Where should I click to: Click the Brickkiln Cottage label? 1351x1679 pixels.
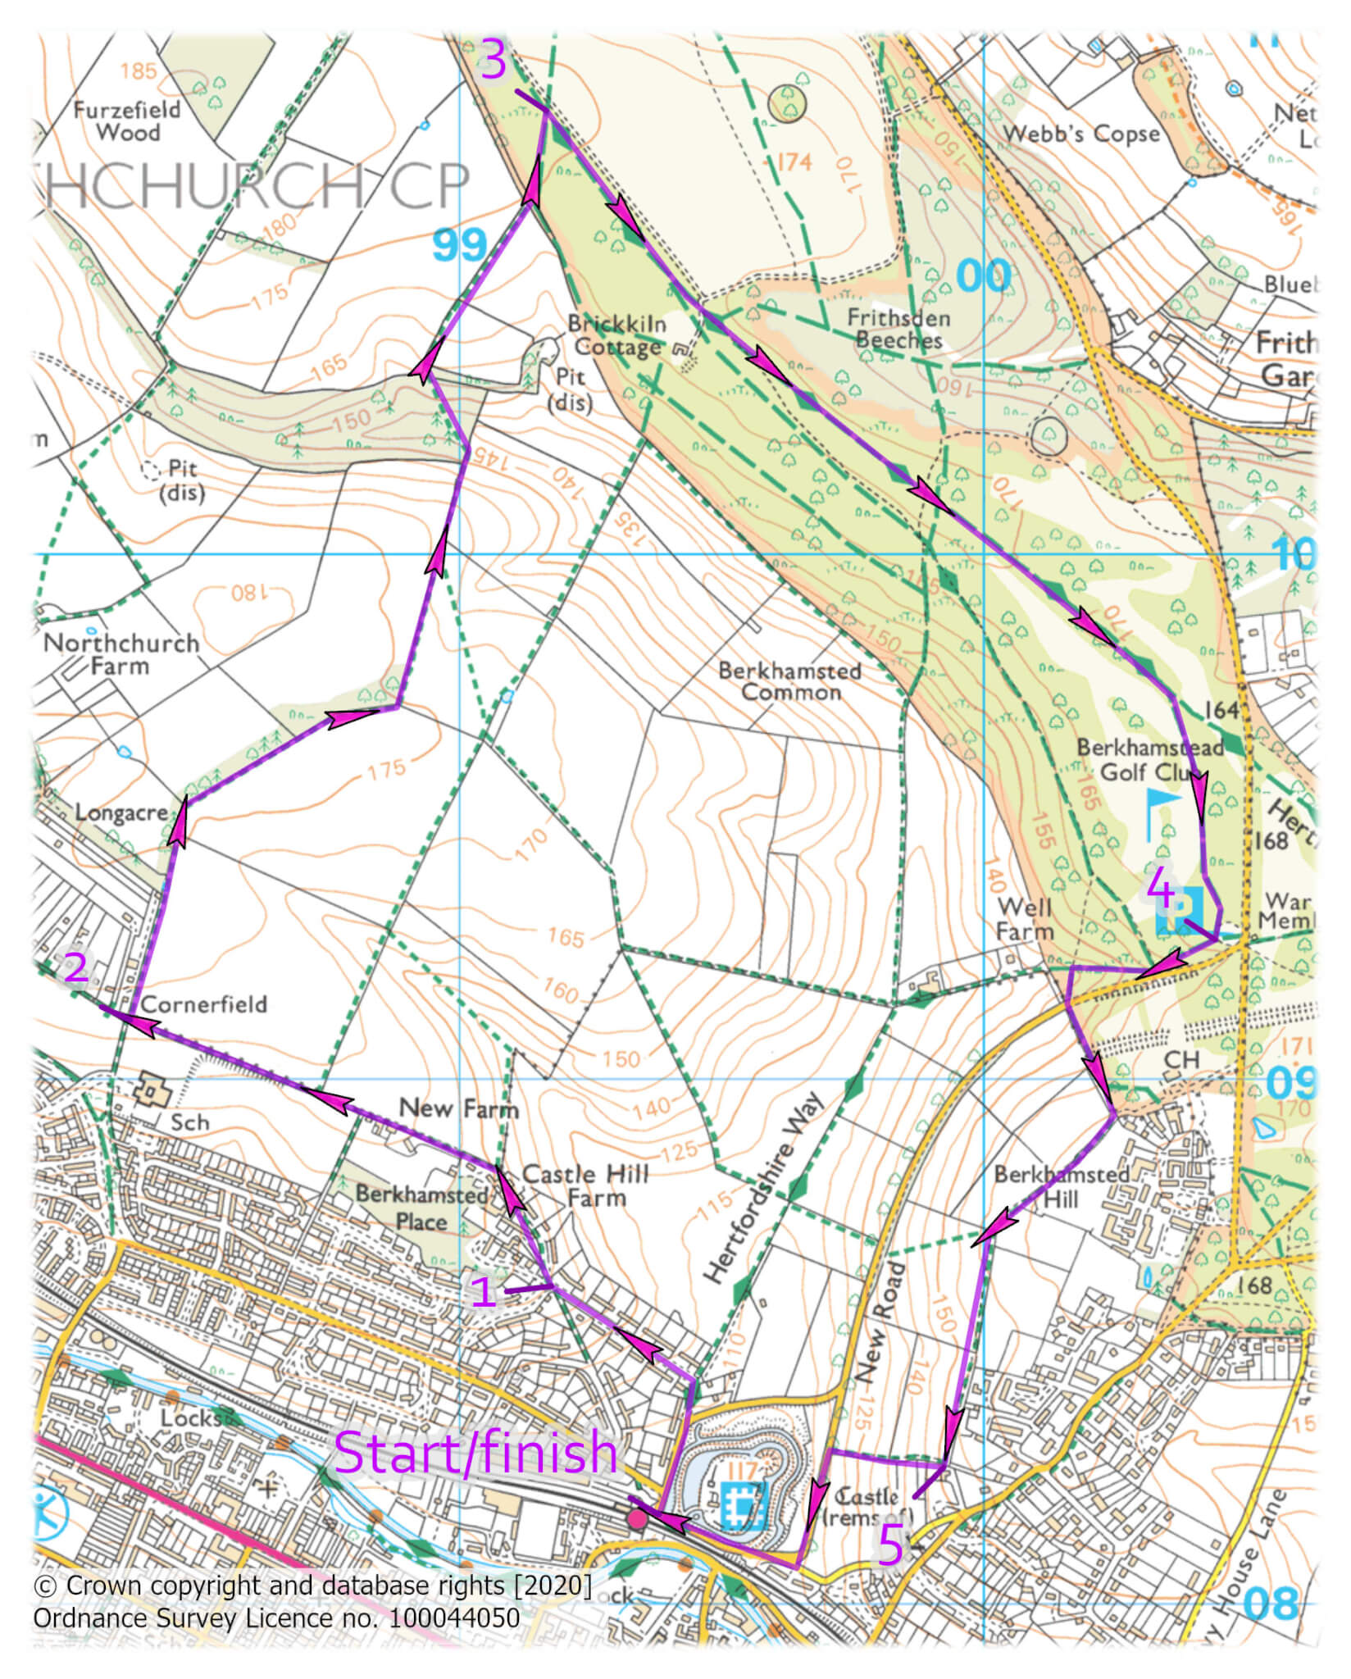(x=616, y=335)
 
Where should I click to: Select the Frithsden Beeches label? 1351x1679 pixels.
(x=898, y=328)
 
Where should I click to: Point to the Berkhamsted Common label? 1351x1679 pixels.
(x=789, y=681)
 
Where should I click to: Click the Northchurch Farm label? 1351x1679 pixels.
(x=121, y=653)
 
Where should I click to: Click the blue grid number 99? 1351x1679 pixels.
(x=459, y=244)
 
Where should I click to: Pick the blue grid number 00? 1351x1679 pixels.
(x=983, y=276)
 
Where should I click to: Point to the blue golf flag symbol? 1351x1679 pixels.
(x=1161, y=812)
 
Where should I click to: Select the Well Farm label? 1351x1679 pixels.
(x=1025, y=919)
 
